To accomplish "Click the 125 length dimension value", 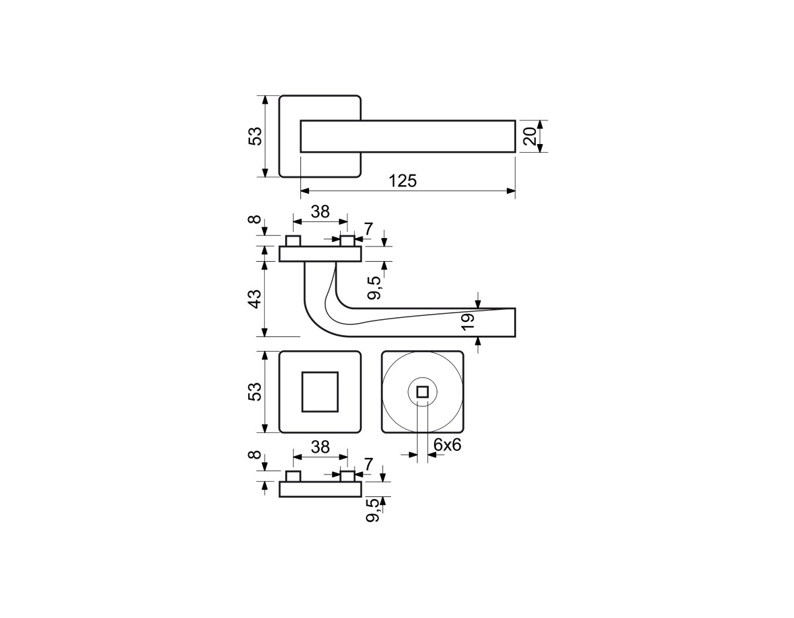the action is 402,181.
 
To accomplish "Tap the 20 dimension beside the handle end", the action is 529,135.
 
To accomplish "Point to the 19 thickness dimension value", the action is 468,323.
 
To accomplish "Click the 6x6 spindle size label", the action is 447,445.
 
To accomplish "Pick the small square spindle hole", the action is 422,392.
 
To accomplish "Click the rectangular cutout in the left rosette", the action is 320,392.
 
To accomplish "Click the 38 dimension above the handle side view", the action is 320,212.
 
